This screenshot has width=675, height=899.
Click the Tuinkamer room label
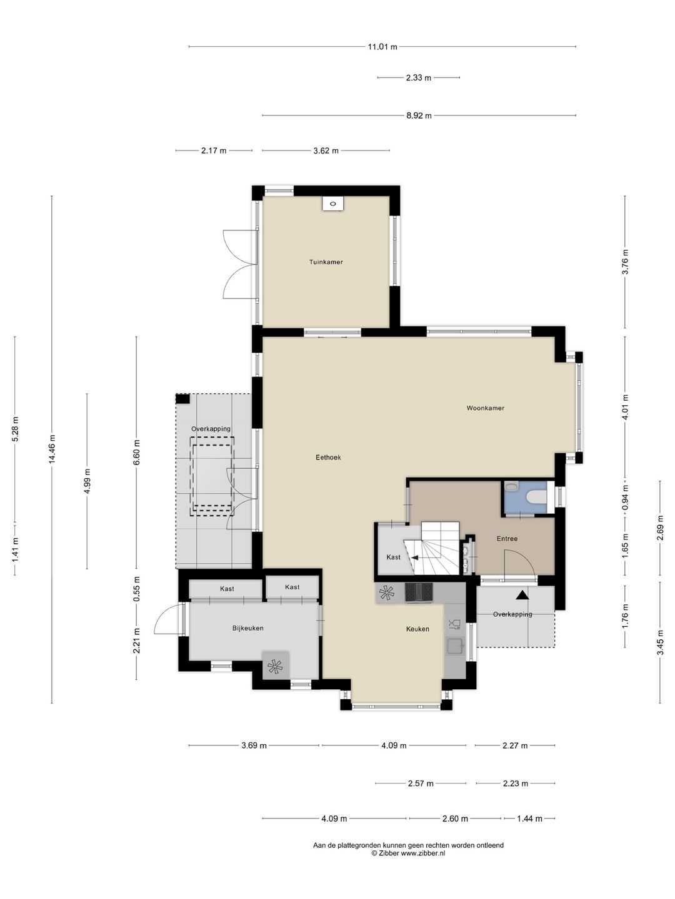point(326,262)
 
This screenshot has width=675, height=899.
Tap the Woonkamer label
point(485,408)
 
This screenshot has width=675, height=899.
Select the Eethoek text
point(328,458)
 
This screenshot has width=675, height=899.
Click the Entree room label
point(507,539)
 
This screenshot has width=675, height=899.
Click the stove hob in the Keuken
point(419,592)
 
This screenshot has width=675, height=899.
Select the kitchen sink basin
point(456,646)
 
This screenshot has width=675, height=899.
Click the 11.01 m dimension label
point(382,47)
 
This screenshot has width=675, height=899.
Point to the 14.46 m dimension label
point(52,449)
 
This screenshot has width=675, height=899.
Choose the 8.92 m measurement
point(419,115)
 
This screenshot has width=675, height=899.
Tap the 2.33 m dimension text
point(419,77)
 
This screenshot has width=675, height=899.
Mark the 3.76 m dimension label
point(625,262)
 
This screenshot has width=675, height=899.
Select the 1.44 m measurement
point(529,818)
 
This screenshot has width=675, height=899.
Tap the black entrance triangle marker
point(522,595)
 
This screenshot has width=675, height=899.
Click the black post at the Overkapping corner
point(182,399)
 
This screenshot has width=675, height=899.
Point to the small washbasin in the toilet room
point(511,486)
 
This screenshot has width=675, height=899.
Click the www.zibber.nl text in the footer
point(422,853)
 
